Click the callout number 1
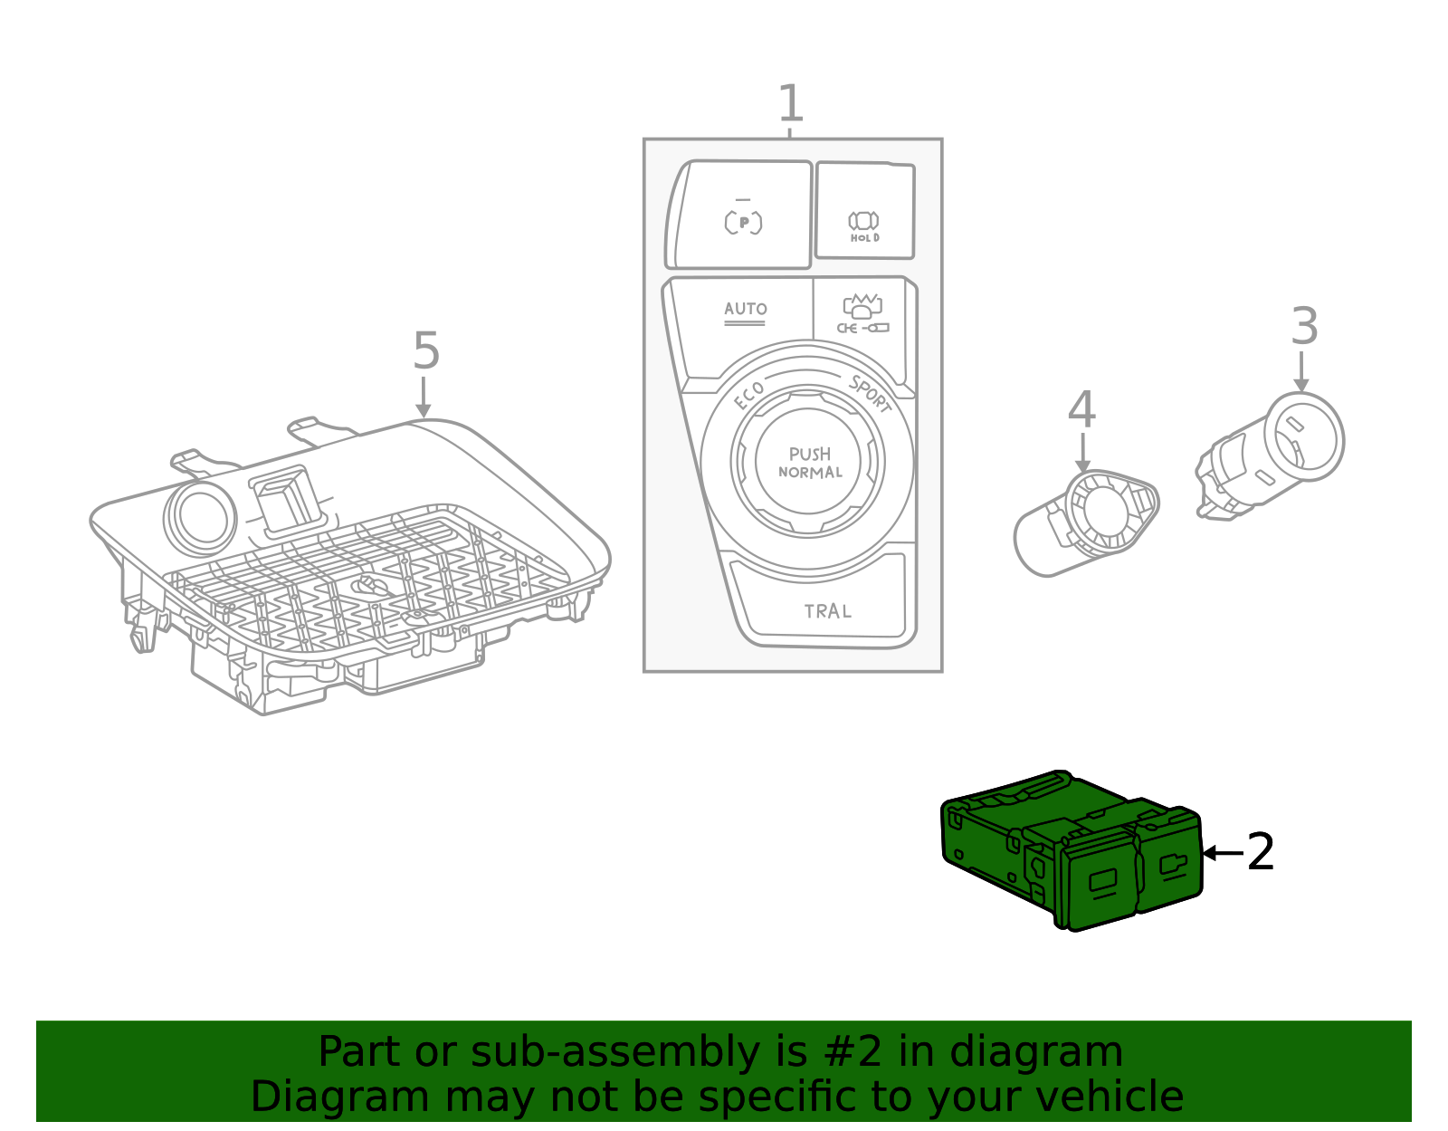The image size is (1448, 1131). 790,104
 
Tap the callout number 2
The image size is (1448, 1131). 1260,852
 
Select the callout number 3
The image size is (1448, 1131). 1304,326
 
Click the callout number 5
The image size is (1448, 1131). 425,350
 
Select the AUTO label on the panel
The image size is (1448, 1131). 745,309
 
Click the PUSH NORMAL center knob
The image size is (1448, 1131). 809,462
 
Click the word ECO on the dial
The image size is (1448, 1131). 749,396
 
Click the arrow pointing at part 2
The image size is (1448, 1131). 1222,853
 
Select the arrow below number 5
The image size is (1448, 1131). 423,398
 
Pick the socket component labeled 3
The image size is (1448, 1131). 1276,453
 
